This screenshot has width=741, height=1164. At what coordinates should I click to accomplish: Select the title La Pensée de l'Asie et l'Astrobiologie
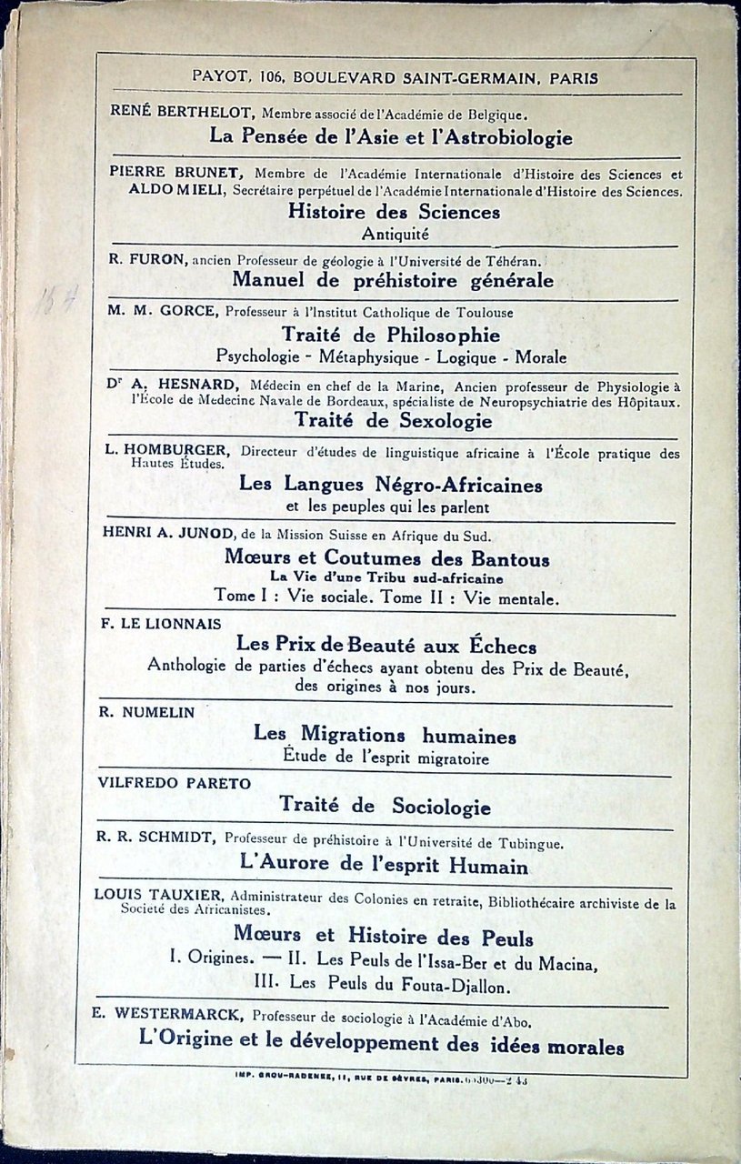point(391,137)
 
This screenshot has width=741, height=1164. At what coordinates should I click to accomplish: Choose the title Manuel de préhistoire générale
point(393,280)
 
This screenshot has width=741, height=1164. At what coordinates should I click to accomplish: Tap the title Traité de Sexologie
point(393,421)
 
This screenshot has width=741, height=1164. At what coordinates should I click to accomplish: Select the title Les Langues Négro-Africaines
point(391,486)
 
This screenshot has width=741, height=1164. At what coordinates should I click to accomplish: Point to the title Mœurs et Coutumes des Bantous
point(386,558)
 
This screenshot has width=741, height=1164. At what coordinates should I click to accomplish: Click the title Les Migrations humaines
point(385,735)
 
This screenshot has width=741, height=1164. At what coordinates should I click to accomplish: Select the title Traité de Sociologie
point(385,806)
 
